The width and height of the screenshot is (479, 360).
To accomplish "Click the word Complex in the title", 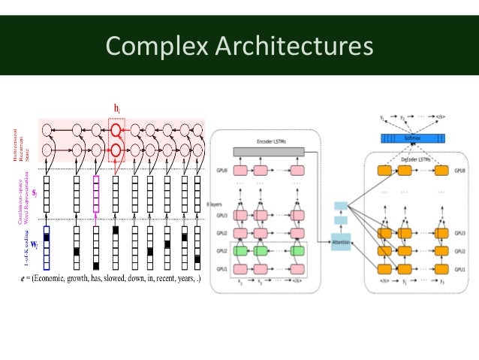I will click(x=155, y=46).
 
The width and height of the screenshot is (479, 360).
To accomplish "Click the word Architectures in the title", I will click(x=293, y=46).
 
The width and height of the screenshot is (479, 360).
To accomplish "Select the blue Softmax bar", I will click(x=411, y=138).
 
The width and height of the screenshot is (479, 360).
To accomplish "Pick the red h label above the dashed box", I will click(x=117, y=109).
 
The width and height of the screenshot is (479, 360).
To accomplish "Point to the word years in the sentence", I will click(x=184, y=279).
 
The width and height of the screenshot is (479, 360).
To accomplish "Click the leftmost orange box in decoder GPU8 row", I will click(x=383, y=171).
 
